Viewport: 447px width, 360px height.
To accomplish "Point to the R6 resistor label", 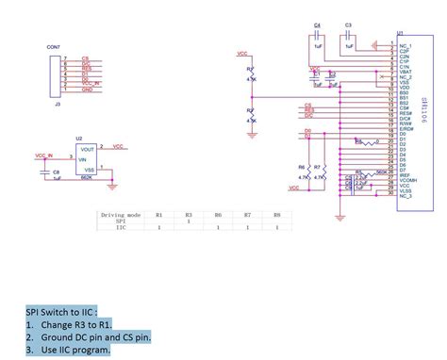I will point(301,166).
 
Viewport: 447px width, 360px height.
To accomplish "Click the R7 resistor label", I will point(317,166).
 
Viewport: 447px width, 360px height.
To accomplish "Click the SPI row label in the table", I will point(121,221).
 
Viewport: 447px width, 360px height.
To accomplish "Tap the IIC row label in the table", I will point(121,228).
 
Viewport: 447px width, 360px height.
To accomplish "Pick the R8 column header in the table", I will point(276,215).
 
